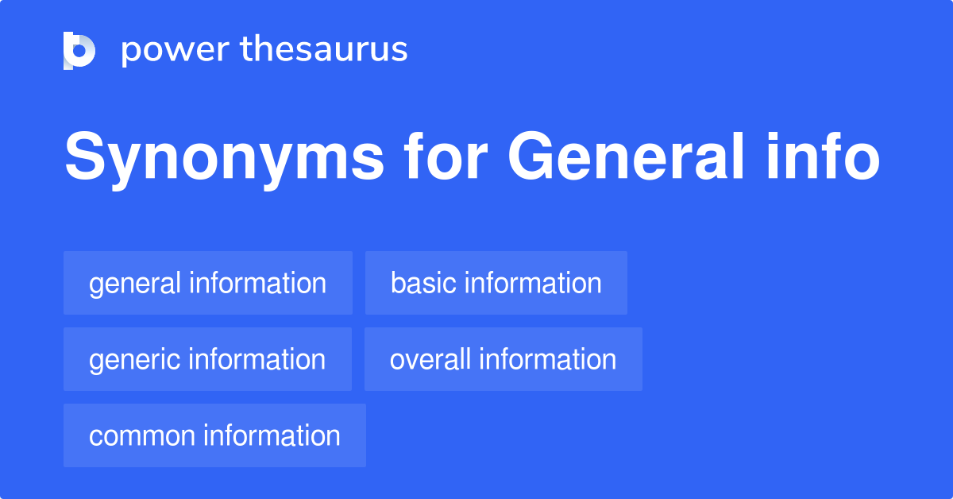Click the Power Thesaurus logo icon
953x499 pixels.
[79, 50]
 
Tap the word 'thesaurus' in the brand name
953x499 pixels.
[324, 50]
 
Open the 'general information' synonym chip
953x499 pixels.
[207, 283]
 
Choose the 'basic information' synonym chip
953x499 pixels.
[496, 283]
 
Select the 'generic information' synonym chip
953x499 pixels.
[207, 359]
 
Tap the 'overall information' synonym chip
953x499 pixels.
[503, 359]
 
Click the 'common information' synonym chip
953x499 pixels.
[214, 435]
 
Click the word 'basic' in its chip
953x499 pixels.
[424, 283]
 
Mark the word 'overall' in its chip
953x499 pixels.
[430, 359]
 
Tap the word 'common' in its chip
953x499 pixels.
[142, 435]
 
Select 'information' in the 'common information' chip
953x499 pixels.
[272, 435]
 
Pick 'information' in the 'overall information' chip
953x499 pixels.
[547, 359]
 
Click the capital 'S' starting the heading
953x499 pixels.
[83, 157]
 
